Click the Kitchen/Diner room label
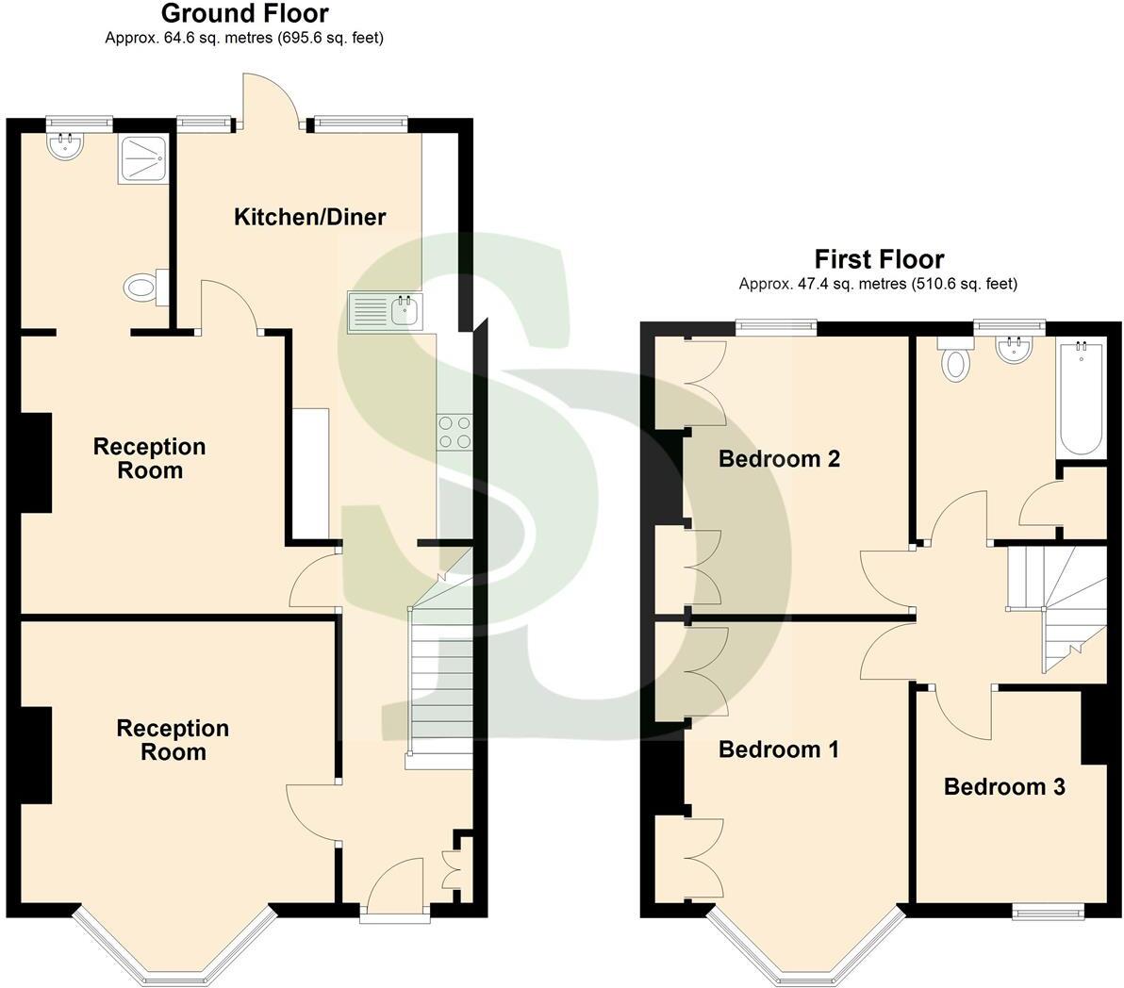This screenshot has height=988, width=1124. [x=309, y=217]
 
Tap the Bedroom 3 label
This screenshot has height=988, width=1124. [x=1004, y=786]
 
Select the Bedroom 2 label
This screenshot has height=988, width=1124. [x=779, y=459]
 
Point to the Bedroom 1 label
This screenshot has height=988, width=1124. [x=779, y=749]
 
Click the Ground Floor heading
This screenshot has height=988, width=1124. [x=244, y=13]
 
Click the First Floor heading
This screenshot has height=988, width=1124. [x=879, y=259]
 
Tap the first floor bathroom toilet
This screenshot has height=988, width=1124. [x=955, y=360]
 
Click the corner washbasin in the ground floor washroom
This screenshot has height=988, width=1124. [x=65, y=145]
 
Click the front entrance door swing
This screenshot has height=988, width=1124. [x=393, y=886]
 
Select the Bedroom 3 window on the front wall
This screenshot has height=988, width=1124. [x=1048, y=911]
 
